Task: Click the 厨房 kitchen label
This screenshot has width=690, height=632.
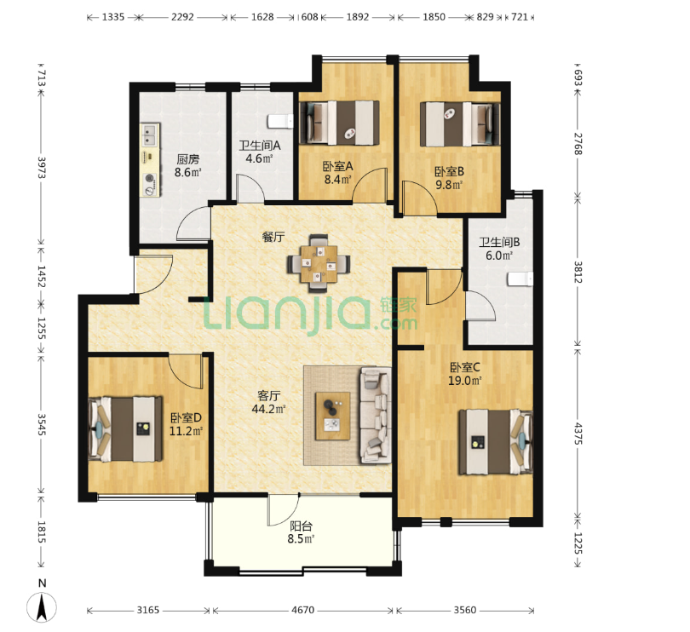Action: click(x=188, y=159)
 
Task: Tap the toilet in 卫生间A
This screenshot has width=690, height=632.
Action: click(x=281, y=121)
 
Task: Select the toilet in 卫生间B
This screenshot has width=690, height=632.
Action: click(x=520, y=279)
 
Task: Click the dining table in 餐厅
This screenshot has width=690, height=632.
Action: click(x=319, y=264)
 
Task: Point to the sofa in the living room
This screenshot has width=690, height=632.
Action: click(x=376, y=416)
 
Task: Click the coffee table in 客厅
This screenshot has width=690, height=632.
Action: click(x=333, y=416)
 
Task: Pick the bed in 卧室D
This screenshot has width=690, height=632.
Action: click(x=125, y=429)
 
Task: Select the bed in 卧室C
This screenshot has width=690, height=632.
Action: click(x=496, y=442)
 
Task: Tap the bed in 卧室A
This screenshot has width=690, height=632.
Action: click(x=339, y=123)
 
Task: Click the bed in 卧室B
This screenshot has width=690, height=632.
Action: click(x=460, y=124)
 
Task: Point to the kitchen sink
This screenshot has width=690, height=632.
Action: click(x=150, y=135)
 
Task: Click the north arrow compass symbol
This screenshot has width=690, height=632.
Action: click(x=42, y=607)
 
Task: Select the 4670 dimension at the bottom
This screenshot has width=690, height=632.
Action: click(x=302, y=610)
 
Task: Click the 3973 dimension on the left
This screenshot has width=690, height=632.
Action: click(x=42, y=167)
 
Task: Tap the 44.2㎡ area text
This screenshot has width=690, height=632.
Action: click(x=268, y=410)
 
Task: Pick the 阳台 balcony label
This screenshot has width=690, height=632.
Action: click(x=302, y=526)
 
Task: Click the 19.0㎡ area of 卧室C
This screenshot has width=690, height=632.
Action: click(x=465, y=381)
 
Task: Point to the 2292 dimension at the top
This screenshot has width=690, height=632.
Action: click(x=182, y=17)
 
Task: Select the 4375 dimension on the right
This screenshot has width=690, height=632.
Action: click(x=578, y=434)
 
